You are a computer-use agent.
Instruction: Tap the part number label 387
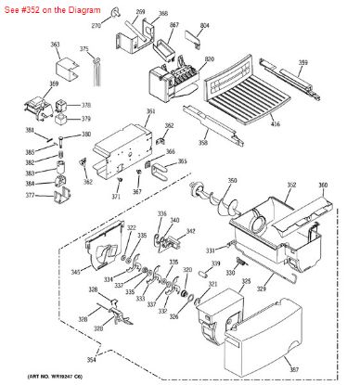(320, 370)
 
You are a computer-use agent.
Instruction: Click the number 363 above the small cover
(55, 44)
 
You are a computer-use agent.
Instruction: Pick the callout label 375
(84, 48)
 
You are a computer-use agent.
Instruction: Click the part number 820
(210, 58)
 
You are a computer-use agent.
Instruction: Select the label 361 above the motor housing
(150, 111)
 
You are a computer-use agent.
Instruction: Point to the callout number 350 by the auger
(232, 180)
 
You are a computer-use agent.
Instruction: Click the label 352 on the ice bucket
(290, 186)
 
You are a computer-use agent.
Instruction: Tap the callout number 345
(75, 272)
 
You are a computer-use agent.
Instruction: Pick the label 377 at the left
(29, 196)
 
